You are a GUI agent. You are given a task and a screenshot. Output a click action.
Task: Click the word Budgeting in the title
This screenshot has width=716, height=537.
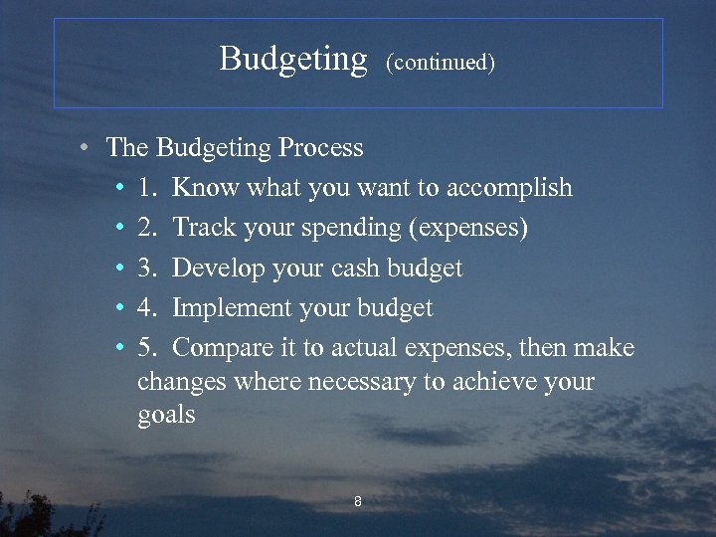pos(293,60)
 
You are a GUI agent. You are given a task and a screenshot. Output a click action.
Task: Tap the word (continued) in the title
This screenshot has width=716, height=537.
pos(441,63)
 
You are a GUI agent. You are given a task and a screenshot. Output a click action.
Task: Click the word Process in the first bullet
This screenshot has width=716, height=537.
pos(320,148)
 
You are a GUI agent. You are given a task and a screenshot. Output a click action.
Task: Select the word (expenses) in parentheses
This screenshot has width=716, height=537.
pos(468,229)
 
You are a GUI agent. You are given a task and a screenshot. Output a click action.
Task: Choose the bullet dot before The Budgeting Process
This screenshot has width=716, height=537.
pos(88,149)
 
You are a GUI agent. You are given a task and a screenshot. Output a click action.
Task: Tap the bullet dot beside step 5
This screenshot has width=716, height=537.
pos(118,349)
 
